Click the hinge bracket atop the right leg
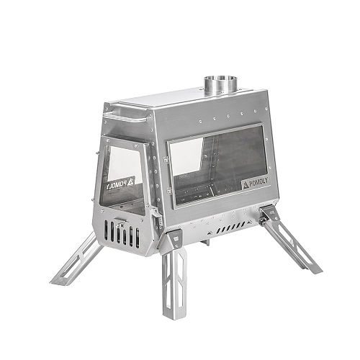pyautogui.click(x=268, y=212)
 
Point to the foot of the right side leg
pyautogui.click(x=315, y=269)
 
